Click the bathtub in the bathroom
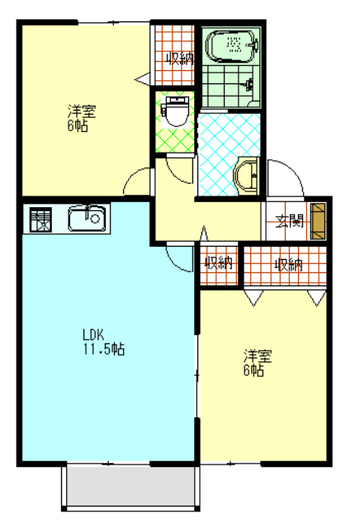pyautogui.click(x=231, y=46)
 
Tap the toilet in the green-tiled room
pyautogui.click(x=175, y=111)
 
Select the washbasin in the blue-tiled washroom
pyautogui.click(x=246, y=176)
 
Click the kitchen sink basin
pyautogui.click(x=88, y=218)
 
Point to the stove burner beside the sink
pyautogui.click(x=40, y=219)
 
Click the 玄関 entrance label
pyautogui.click(x=290, y=221)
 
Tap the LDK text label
pyautogui.click(x=93, y=335)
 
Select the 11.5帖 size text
pyautogui.click(x=104, y=349)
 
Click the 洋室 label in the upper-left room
pyautogui.click(x=82, y=111)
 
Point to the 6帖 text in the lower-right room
pyautogui.click(x=253, y=370)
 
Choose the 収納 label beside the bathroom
pyautogui.click(x=180, y=59)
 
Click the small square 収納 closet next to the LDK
pyautogui.click(x=219, y=265)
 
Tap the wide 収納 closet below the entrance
pyautogui.click(x=285, y=266)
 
